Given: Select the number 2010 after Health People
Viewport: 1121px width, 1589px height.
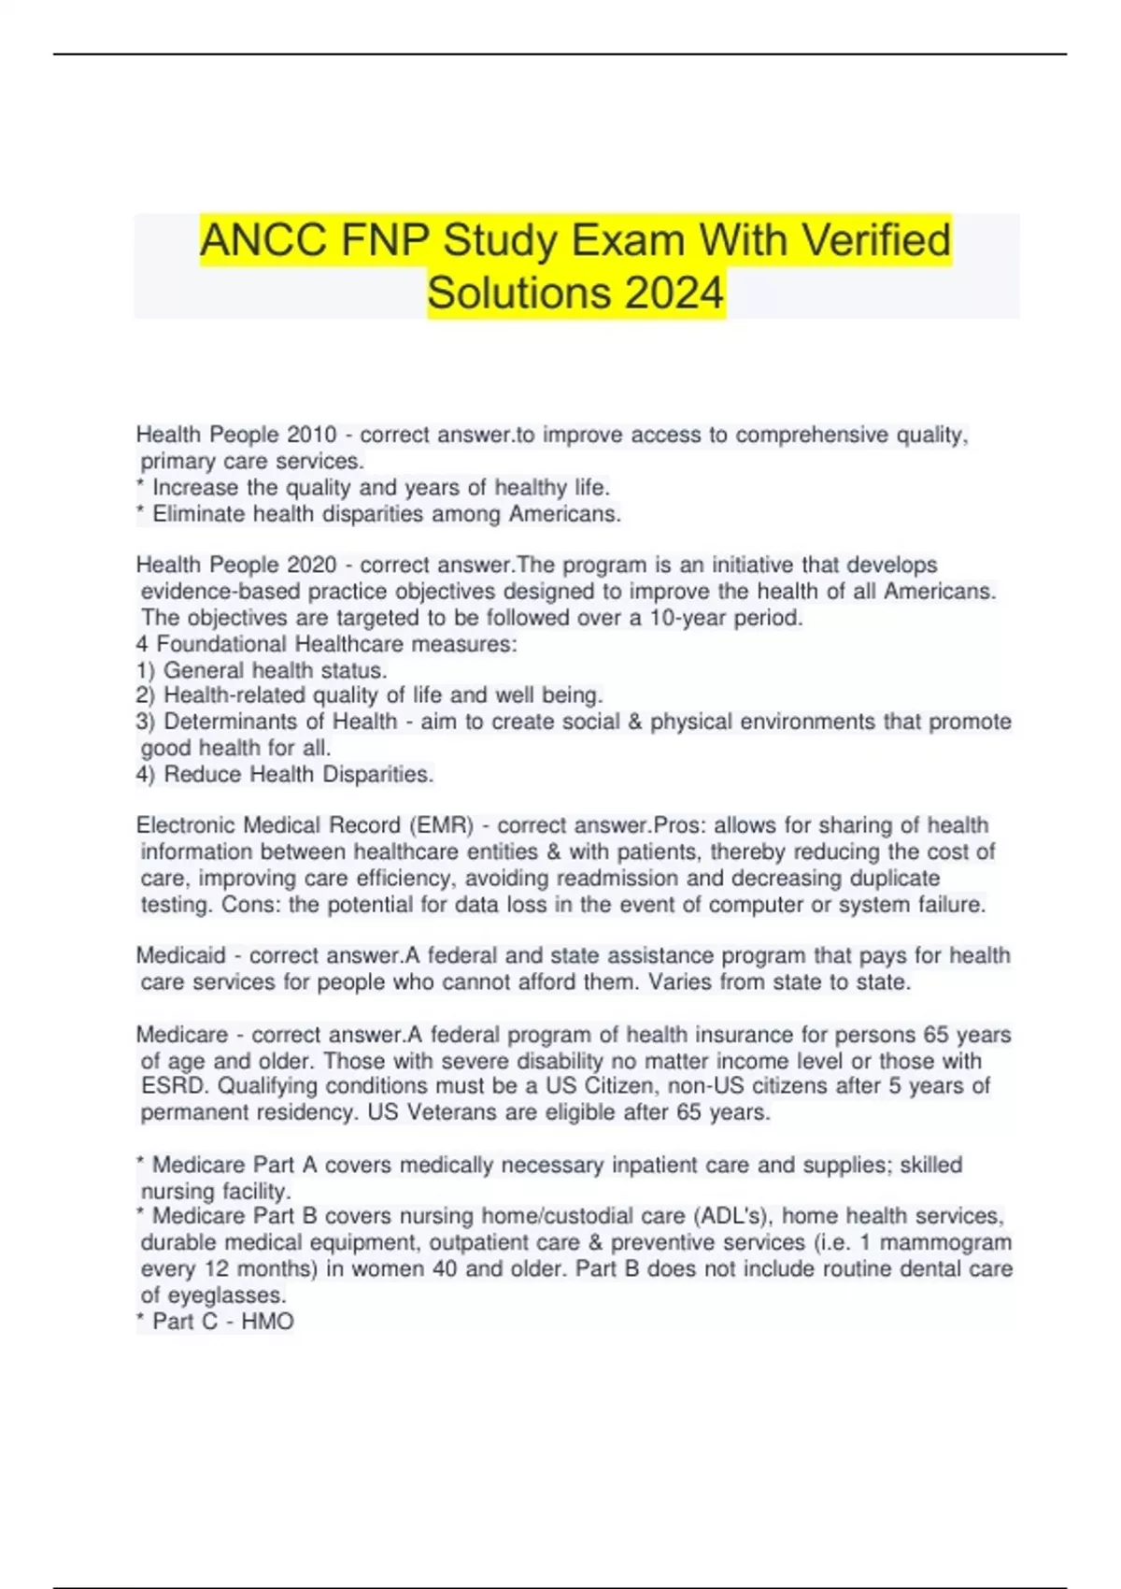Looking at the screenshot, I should (x=311, y=435).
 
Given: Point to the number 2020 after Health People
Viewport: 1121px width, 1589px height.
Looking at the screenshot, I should (x=311, y=565).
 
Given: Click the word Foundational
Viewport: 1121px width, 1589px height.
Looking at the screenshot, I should (x=222, y=644).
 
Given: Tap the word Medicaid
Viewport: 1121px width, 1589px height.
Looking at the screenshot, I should (x=181, y=955).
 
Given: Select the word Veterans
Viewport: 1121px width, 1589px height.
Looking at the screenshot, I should (x=451, y=1112).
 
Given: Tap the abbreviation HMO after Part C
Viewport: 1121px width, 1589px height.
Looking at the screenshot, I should (x=267, y=1322).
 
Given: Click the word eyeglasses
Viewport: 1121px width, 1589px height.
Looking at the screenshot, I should (x=227, y=1296).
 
